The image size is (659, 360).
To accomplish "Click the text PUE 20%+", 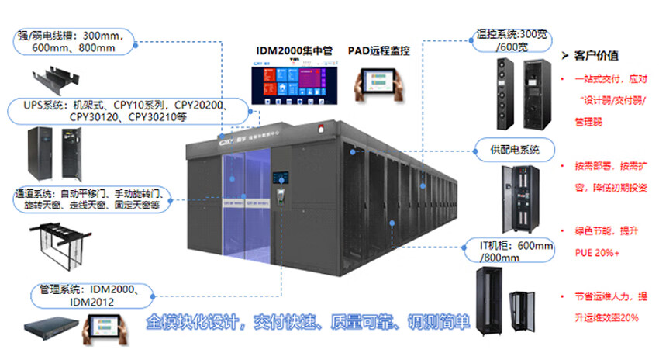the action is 596,251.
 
